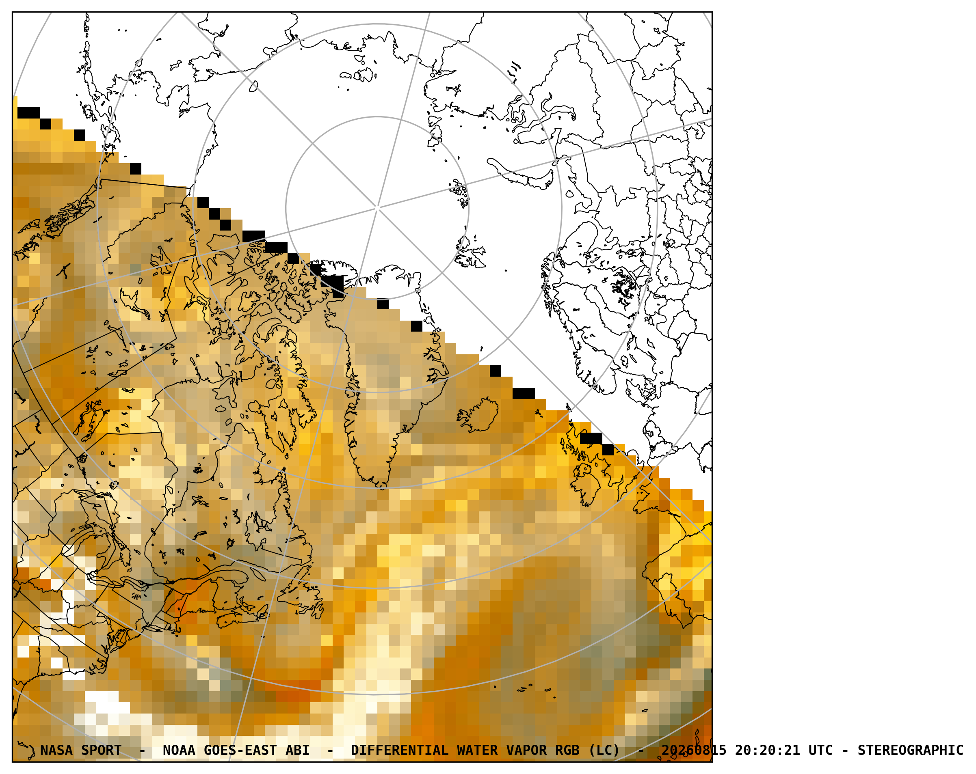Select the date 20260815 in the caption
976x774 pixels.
[694, 750]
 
